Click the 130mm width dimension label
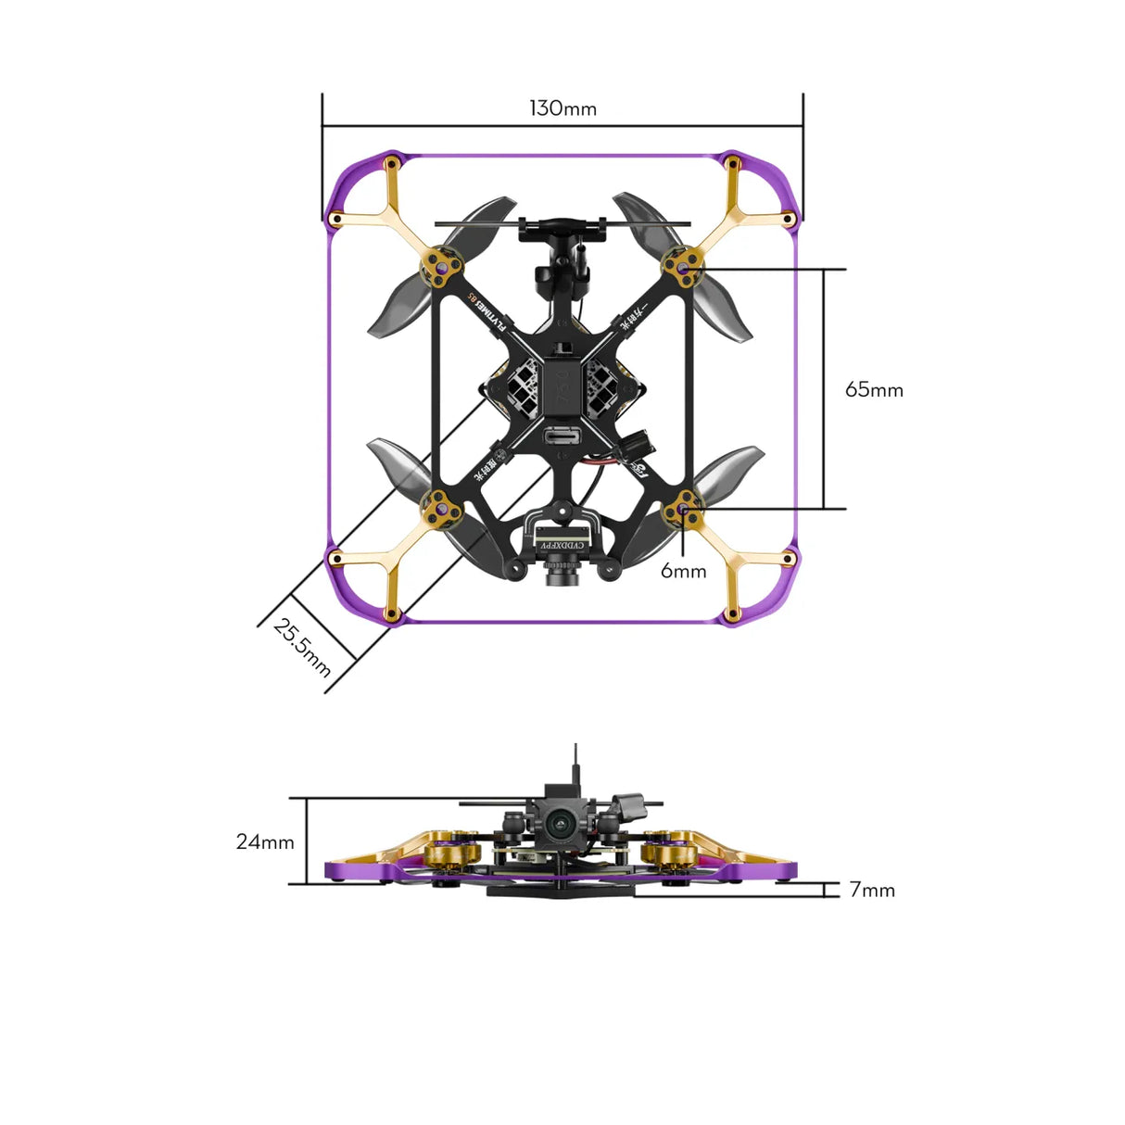[562, 108]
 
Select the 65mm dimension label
[873, 389]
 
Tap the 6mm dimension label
[683, 571]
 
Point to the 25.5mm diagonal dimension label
[302, 647]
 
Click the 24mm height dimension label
[265, 841]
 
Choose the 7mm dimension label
[872, 890]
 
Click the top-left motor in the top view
[441, 268]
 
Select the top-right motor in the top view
[683, 269]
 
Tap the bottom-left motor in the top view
[440, 508]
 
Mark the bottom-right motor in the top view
[683, 508]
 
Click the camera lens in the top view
[562, 581]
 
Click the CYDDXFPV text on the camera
[562, 546]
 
